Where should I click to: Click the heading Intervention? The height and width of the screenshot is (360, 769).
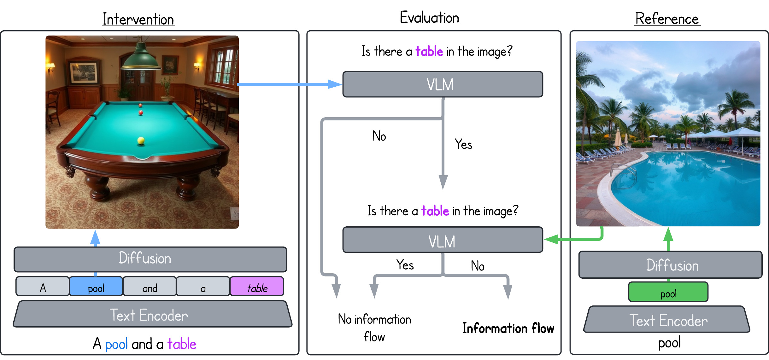[138, 19]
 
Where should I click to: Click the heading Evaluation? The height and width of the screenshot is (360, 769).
[429, 18]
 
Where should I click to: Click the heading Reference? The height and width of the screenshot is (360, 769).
[667, 19]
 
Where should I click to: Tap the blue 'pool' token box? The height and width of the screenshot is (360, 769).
[96, 287]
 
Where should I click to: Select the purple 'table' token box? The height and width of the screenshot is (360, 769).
[257, 287]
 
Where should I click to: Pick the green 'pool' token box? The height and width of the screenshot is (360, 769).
[668, 292]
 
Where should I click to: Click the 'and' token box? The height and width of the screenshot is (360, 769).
[150, 287]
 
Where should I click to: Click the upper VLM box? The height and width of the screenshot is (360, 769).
[443, 84]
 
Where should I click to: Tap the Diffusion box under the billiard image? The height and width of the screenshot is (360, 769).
[150, 259]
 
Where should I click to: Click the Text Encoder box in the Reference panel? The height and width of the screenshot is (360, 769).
[667, 320]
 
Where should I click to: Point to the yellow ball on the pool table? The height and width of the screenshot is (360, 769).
[141, 140]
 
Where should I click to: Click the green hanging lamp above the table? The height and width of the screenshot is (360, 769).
[141, 58]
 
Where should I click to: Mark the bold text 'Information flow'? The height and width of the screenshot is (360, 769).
[508, 328]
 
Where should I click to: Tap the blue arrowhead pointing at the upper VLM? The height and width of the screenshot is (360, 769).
[334, 84]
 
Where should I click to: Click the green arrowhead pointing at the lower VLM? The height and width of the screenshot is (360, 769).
[551, 239]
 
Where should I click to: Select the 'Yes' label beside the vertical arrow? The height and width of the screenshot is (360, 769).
[463, 144]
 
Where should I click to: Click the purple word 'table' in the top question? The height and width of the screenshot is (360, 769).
[429, 51]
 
